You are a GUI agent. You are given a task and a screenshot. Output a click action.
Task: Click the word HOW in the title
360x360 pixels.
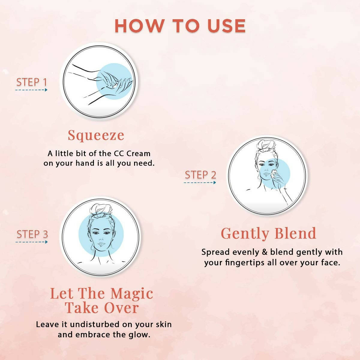pyautogui.click(x=139, y=26)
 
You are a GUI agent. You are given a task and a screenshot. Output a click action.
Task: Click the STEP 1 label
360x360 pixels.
pyautogui.click(x=31, y=82)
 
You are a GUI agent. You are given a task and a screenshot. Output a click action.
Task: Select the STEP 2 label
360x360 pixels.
pyautogui.click(x=200, y=175)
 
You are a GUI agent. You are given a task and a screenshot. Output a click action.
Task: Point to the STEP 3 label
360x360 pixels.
pyautogui.click(x=32, y=234)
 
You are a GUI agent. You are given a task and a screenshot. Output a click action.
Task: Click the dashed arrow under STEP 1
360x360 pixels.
pyautogui.click(x=31, y=90)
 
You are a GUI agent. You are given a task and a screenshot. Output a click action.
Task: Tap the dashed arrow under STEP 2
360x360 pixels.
pyautogui.click(x=200, y=182)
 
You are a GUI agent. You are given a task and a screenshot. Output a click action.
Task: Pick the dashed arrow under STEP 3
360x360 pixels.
pyautogui.click(x=31, y=242)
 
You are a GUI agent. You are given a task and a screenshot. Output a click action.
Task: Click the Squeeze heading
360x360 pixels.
pyautogui.click(x=96, y=135)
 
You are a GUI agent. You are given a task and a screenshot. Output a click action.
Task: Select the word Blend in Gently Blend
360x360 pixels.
pyautogui.click(x=295, y=233)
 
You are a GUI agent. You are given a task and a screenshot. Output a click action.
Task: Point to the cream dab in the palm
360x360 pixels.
pyautogui.click(x=114, y=86)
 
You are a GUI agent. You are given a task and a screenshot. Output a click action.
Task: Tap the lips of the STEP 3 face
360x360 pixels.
pyautogui.click(x=101, y=244)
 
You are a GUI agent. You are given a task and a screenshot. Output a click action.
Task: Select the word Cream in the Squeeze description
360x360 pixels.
pyautogui.click(x=138, y=154)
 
